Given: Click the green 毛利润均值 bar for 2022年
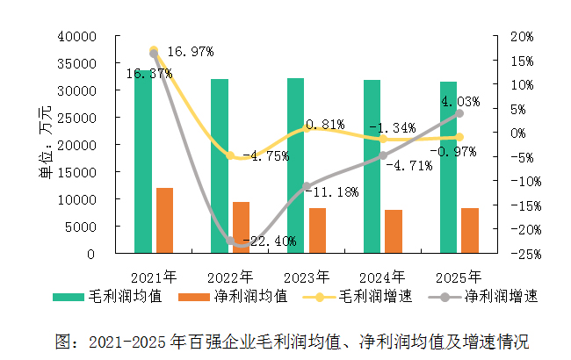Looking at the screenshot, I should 219,166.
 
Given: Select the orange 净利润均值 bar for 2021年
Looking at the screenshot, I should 164,220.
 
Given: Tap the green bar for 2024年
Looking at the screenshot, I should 372,167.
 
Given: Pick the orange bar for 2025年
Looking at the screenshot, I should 469,231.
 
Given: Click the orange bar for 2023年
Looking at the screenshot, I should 317,231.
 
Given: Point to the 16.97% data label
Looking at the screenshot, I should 190,52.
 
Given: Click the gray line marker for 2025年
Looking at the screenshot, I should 459,113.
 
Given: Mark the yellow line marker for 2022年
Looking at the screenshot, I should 230,155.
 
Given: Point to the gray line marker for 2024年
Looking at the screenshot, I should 383,155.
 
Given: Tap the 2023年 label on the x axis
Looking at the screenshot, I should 306,274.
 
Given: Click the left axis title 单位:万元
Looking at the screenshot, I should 45,145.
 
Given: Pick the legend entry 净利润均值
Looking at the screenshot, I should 250,297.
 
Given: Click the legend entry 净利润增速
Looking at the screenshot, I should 501,297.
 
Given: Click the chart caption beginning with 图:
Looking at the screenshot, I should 293,341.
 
